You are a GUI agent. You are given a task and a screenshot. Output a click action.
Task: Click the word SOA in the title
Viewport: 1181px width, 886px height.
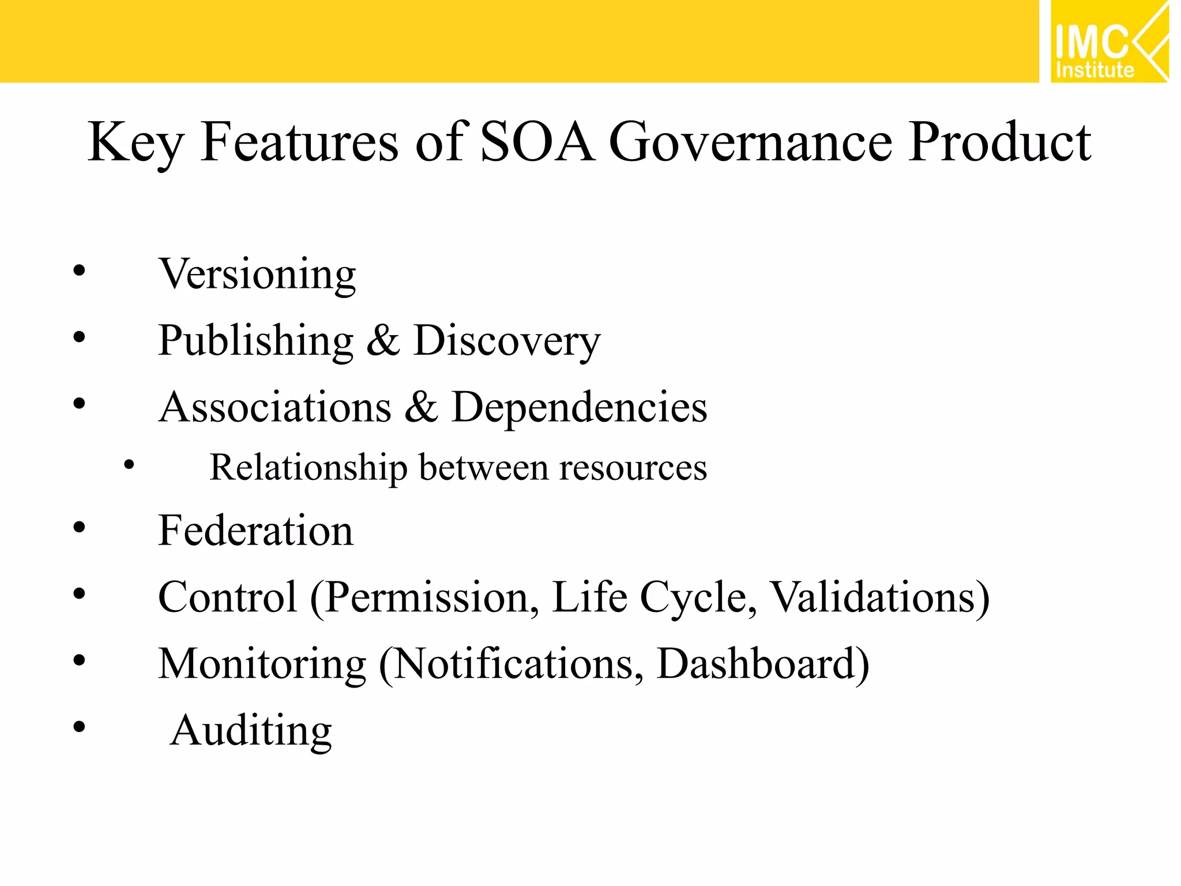tap(537, 142)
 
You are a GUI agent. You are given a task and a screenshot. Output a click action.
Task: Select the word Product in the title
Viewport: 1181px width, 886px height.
tap(999, 142)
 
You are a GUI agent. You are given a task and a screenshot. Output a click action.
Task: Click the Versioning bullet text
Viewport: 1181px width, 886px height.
tap(257, 274)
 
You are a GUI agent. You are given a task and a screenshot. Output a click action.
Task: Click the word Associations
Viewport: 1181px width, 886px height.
tap(275, 407)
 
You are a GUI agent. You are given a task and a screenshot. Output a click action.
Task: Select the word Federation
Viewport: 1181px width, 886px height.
tap(255, 531)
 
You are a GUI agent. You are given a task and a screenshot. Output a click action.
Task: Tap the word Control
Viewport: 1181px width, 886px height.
tap(227, 597)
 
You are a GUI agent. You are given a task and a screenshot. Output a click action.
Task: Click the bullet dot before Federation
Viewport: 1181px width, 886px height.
tap(80, 527)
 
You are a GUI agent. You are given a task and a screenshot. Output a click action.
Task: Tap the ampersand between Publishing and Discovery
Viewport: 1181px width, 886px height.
tap(383, 341)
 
